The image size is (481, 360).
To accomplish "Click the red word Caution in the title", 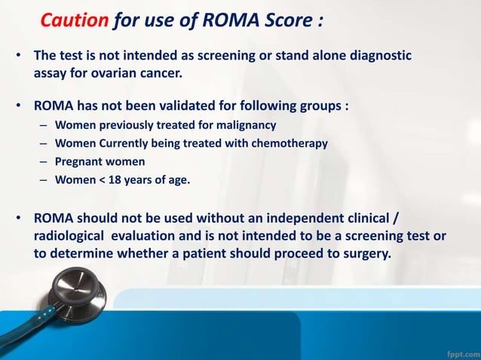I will pos(74,20).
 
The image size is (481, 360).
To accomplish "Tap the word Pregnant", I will pos(83,161).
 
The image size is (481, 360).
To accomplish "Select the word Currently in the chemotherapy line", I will pos(123,143).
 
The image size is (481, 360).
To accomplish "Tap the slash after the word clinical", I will pos(397,218).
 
